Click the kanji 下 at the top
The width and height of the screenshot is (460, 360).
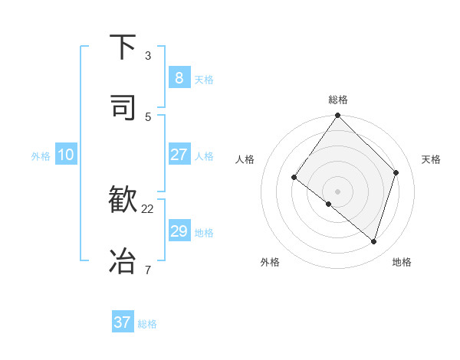(x=123, y=47)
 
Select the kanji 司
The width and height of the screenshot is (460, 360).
(x=123, y=108)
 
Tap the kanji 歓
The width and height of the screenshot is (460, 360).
(x=123, y=201)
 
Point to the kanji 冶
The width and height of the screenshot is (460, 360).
(x=123, y=260)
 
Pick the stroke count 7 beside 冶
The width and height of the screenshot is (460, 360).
(x=147, y=269)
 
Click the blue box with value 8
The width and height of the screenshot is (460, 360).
(x=179, y=78)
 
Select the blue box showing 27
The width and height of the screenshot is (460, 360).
(x=179, y=155)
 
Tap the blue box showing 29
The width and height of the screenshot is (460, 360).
(x=179, y=231)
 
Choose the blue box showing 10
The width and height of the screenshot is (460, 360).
(x=66, y=155)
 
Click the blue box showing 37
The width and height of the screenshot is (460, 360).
(x=123, y=322)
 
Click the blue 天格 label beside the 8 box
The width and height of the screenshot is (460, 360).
(x=204, y=80)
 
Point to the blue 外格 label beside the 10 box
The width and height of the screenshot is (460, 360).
(x=41, y=156)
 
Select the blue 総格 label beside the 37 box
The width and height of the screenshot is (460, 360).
(x=147, y=324)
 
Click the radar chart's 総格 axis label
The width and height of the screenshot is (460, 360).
(x=338, y=100)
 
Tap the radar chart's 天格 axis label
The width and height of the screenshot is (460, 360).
(x=432, y=159)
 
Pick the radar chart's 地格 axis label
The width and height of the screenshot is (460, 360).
(x=402, y=262)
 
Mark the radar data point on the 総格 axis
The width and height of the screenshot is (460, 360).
(x=338, y=116)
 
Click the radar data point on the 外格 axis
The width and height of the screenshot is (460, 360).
(x=329, y=204)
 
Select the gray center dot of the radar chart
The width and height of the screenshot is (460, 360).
(x=338, y=191)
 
